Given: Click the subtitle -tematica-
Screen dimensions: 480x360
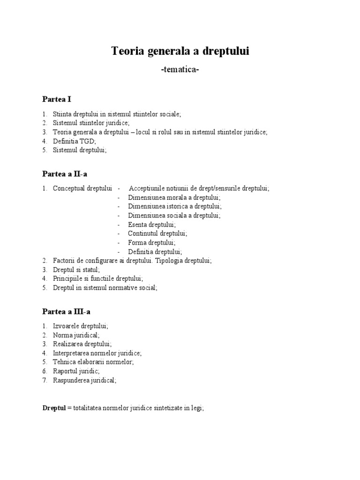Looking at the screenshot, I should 180,70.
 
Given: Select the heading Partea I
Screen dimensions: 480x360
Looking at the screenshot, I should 56,99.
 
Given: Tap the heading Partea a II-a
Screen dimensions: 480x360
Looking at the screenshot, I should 65,174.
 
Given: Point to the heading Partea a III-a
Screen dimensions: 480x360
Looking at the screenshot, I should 66,311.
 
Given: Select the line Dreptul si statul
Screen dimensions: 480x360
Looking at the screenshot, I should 76,270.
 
